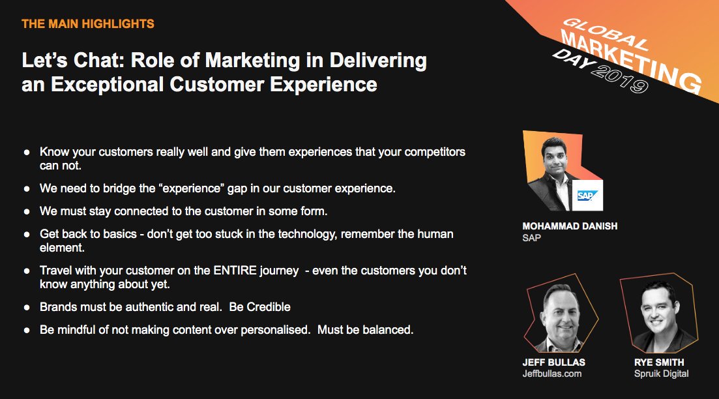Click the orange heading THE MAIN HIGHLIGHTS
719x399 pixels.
coord(88,24)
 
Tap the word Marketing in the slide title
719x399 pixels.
coord(252,61)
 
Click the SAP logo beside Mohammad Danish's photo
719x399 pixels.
coord(587,196)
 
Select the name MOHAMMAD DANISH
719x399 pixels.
coord(570,226)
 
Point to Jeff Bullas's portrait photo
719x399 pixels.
coord(561,315)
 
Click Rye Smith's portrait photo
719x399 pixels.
coord(659,315)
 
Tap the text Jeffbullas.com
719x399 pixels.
coord(552,374)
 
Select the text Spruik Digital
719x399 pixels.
coord(661,374)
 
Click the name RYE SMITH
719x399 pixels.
coord(659,362)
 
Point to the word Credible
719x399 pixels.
coord(269,307)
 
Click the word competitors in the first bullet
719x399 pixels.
coord(435,153)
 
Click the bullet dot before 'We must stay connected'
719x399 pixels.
coord(27,212)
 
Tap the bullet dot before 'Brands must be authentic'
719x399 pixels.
coord(27,308)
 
